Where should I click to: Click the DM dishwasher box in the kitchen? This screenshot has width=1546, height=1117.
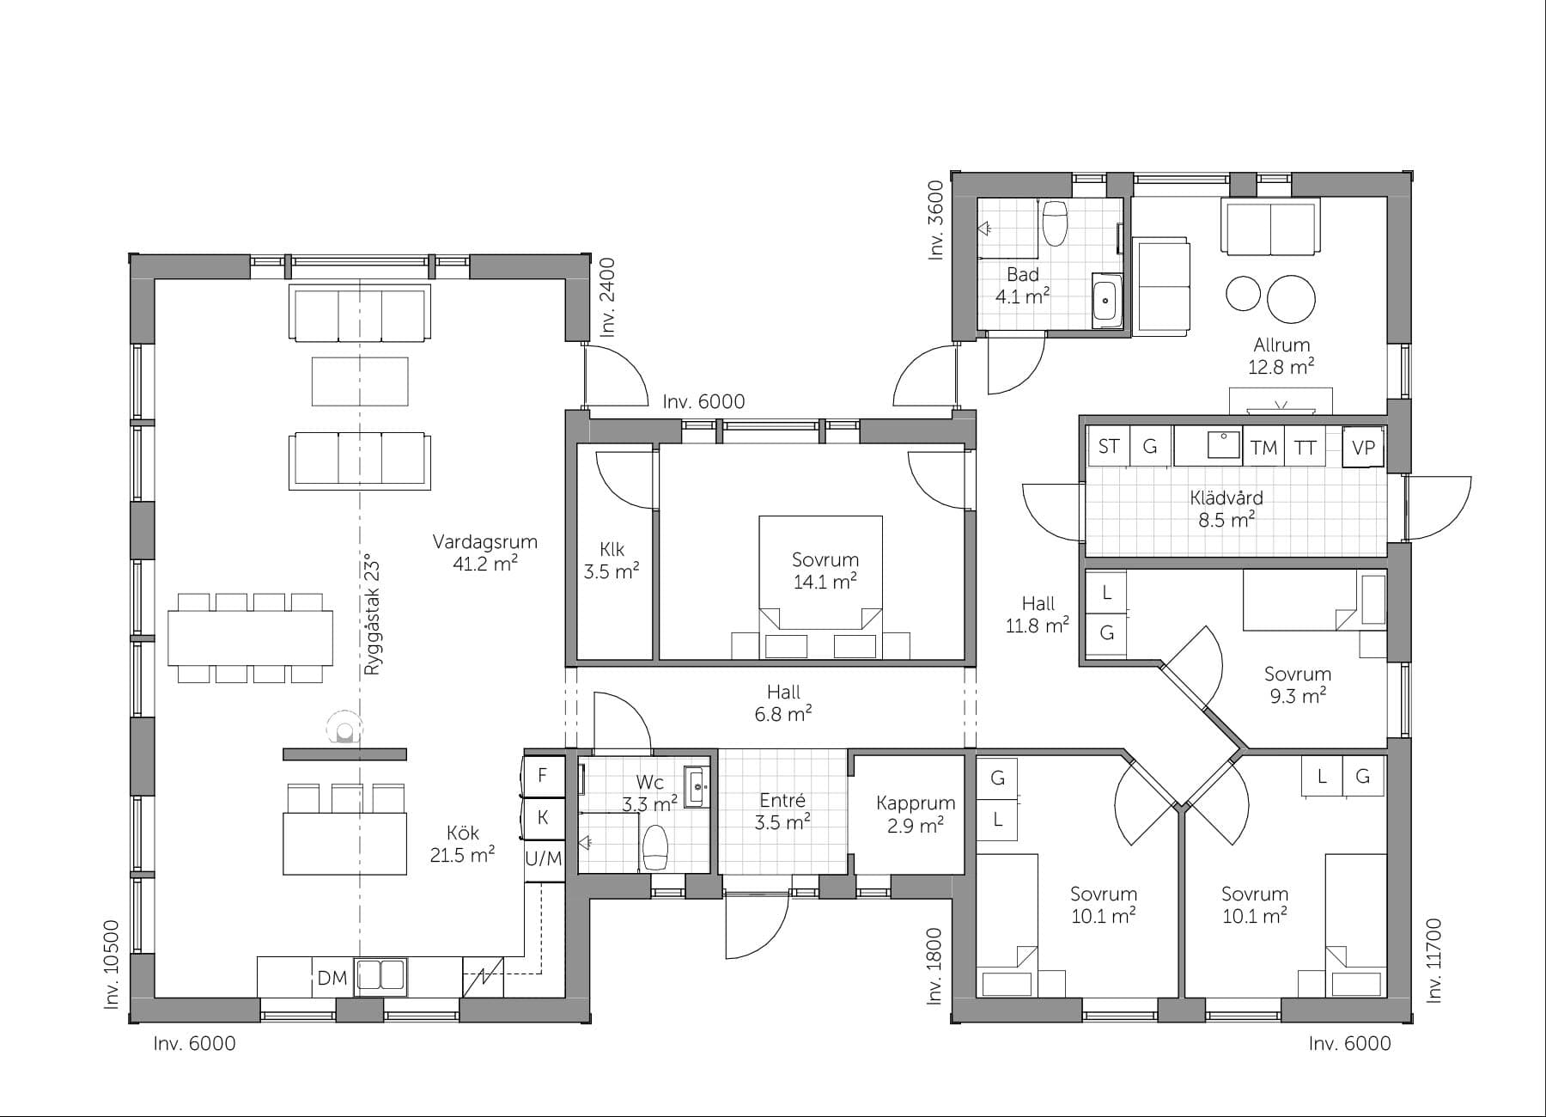(x=332, y=978)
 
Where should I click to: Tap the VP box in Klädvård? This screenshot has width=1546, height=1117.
(x=1363, y=448)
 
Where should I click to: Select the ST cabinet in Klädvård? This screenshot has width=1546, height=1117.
(x=1108, y=447)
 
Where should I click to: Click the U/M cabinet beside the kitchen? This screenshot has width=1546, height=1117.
(x=544, y=858)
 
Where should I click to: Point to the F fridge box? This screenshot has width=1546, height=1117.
(x=543, y=775)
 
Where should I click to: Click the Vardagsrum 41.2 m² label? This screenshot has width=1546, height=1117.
(x=485, y=552)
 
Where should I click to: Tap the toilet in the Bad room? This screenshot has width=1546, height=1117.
(x=1054, y=223)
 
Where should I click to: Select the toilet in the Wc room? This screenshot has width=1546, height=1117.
(x=655, y=846)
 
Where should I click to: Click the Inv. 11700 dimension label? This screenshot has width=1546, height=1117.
(x=1433, y=961)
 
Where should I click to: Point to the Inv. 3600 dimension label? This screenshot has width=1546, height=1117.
(x=936, y=220)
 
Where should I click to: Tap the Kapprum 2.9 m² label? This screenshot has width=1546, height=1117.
(x=916, y=814)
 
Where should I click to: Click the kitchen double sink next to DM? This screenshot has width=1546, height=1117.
(x=380, y=976)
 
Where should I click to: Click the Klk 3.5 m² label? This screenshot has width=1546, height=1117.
(x=612, y=560)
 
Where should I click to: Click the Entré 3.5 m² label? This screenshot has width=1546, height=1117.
(x=782, y=811)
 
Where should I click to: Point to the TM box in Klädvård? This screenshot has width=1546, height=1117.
(x=1263, y=448)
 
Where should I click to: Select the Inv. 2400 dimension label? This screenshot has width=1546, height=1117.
(x=607, y=296)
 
